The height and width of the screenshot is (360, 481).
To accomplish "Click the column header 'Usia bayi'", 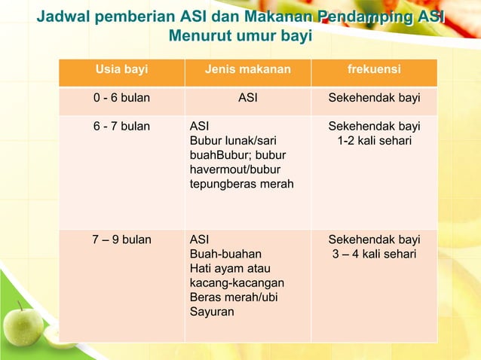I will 121,71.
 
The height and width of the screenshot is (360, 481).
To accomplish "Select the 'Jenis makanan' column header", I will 247,71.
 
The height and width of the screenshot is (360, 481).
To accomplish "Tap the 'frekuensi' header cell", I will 374,71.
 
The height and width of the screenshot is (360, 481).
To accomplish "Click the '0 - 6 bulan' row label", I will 121,99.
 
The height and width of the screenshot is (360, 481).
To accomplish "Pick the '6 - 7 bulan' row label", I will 121,127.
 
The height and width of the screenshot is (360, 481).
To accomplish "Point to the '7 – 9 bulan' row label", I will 121,240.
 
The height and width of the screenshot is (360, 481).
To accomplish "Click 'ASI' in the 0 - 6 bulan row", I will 247,99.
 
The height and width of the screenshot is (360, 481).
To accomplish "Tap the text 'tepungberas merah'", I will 241,185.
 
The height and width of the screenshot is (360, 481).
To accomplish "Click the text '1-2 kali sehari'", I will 374,141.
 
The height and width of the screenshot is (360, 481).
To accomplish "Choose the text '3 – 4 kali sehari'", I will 374,255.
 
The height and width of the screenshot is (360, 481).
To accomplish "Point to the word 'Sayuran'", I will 212,312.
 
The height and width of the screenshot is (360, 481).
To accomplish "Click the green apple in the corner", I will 23,325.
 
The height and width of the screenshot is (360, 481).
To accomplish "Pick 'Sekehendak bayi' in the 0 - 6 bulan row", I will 374,99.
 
